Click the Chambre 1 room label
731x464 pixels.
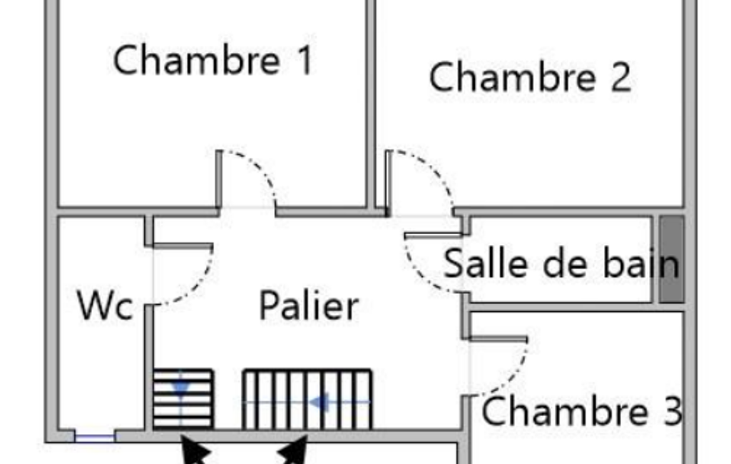point(213,60)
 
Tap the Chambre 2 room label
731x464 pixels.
point(529,77)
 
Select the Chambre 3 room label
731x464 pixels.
point(582,411)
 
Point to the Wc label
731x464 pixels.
point(105,307)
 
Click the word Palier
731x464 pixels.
point(308,306)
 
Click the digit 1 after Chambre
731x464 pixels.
point(305,61)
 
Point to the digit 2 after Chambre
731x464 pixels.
point(620,78)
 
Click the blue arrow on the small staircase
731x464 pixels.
point(181,386)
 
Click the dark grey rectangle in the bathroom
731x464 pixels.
point(671,259)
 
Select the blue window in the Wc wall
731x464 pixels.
point(95,437)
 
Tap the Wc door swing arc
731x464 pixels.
point(200,286)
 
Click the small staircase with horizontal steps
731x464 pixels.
point(183,398)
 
